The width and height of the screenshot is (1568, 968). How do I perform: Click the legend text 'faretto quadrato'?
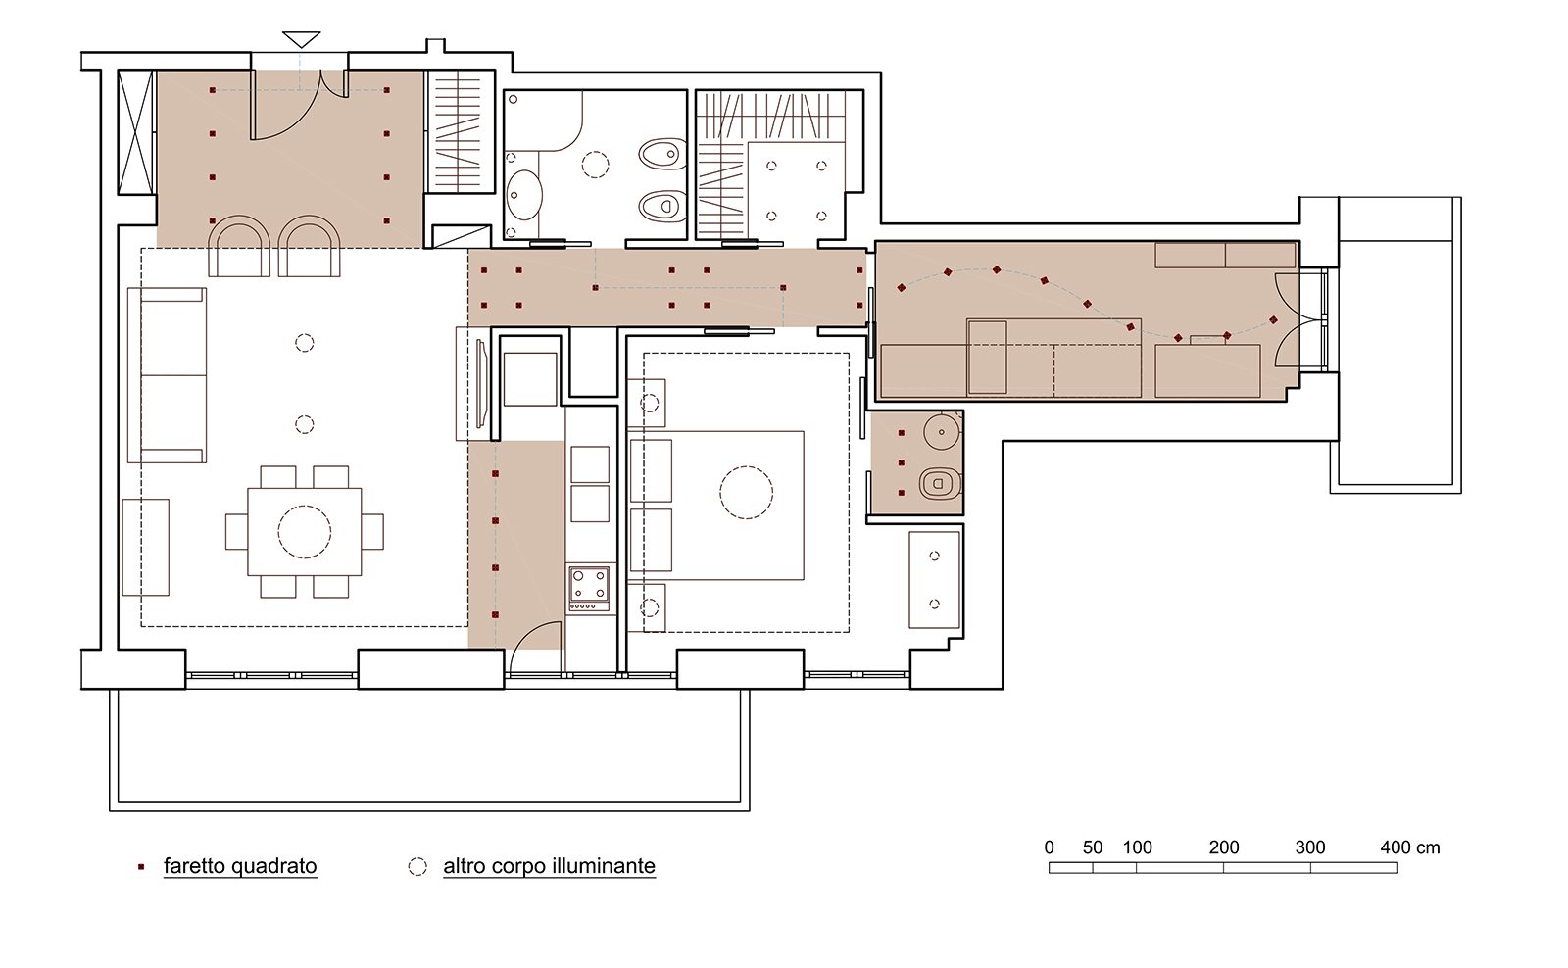(240, 866)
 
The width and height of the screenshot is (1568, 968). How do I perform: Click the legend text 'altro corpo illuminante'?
(549, 866)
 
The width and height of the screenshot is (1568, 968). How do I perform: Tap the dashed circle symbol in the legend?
(417, 866)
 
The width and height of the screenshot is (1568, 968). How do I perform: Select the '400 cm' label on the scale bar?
(1409, 847)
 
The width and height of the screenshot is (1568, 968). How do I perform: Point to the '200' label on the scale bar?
(1224, 847)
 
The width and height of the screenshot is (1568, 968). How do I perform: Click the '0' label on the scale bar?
(1050, 847)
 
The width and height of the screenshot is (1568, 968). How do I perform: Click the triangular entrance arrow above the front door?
(301, 39)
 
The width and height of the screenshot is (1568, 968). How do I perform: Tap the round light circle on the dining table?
(305, 532)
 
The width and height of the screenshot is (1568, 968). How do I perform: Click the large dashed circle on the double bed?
(746, 492)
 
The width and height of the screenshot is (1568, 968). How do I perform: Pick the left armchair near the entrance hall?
(238, 247)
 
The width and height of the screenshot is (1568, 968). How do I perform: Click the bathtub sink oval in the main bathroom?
(524, 195)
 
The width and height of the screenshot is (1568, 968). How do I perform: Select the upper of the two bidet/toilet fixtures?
(662, 154)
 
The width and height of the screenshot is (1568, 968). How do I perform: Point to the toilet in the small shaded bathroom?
(940, 483)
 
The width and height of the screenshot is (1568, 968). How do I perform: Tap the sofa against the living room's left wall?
(168, 375)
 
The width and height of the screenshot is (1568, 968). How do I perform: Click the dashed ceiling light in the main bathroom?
(595, 164)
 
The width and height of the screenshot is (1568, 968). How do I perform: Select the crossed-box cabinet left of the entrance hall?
(136, 132)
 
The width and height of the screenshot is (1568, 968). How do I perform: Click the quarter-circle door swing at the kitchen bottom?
(537, 651)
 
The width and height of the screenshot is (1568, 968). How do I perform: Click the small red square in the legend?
(141, 867)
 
